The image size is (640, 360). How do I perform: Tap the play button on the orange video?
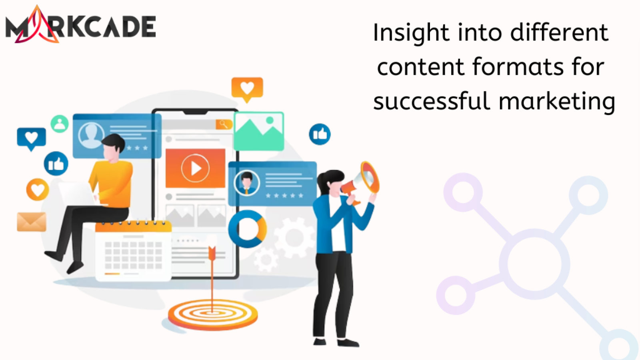tap(195, 168)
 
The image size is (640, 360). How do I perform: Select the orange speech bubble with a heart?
tap(247, 88)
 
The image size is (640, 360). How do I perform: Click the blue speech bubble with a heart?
tap(31, 138)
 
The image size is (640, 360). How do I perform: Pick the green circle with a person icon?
tap(60, 124)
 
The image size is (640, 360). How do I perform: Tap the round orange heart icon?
tap(38, 190)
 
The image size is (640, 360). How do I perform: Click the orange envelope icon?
tap(31, 222)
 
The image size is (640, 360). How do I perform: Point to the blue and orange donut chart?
tap(247, 229)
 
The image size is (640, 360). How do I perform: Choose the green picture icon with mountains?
tap(259, 131)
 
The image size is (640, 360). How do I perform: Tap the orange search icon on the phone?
tap(224, 124)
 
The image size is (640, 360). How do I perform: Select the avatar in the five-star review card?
tap(246, 182)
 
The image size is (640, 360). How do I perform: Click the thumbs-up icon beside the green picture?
tap(320, 134)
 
